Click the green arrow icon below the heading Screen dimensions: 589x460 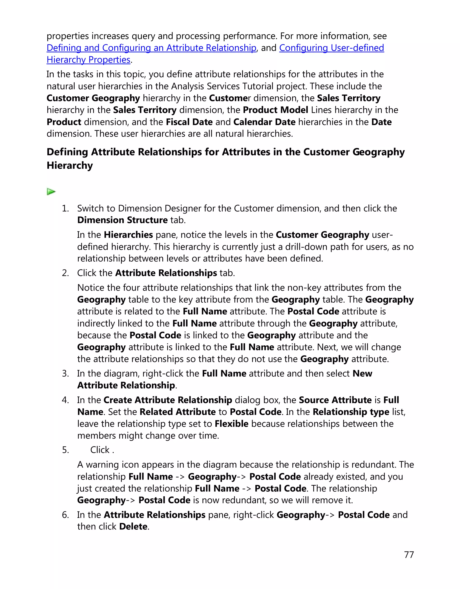tap(51, 192)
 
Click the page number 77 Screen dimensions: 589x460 tap(409, 555)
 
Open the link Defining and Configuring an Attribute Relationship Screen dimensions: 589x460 tap(151, 48)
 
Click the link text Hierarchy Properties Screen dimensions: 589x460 tap(88, 60)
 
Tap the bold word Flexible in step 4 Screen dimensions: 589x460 tap(232, 424)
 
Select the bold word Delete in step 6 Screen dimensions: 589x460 tap(133, 527)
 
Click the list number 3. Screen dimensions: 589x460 tap(66, 373)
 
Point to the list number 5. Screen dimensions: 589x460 tap(66, 450)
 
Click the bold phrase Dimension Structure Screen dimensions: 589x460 tap(122, 220)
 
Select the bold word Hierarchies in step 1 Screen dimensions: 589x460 tap(128, 235)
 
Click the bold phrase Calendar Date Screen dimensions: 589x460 tap(264, 122)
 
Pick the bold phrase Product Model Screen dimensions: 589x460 tap(275, 110)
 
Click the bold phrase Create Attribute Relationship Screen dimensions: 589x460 tap(168, 400)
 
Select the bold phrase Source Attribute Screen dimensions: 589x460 tap(335, 400)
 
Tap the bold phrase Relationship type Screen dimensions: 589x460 tap(351, 412)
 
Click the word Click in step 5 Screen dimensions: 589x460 tap(100, 450)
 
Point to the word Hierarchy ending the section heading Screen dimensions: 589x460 tap(70, 165)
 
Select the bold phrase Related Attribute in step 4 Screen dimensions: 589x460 tap(178, 412)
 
